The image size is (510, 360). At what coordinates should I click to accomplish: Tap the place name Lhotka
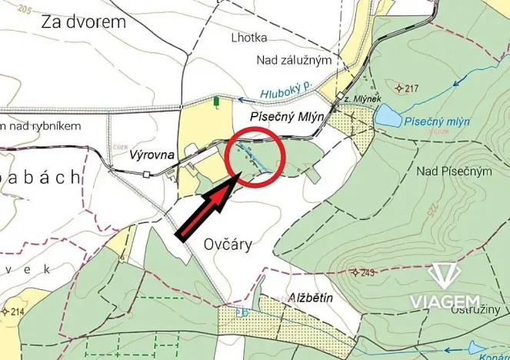coord(274,35)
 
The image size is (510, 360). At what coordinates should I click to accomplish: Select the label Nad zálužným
coord(294,60)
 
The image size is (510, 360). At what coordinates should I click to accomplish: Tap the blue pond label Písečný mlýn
coord(437,120)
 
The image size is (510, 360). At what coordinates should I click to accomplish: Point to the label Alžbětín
coord(310,298)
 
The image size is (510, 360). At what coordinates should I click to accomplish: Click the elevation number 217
coord(411,88)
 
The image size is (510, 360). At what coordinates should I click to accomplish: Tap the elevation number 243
coord(365,272)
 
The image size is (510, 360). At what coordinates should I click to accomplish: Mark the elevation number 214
coord(18,311)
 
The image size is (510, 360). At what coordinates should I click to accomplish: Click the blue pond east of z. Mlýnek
coord(388,116)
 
